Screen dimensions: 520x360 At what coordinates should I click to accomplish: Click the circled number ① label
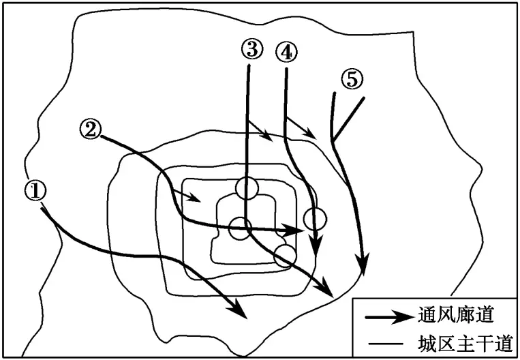(x=36, y=190)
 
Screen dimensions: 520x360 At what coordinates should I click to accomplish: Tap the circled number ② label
(x=90, y=127)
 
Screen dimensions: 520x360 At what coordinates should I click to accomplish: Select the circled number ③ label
(x=250, y=48)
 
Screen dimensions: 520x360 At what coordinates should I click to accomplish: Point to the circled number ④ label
(x=286, y=51)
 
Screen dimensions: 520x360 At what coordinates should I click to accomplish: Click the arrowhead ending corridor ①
(x=239, y=311)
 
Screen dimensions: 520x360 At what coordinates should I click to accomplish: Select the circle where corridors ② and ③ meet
(x=240, y=228)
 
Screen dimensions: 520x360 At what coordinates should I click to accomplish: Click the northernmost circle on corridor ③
(x=247, y=188)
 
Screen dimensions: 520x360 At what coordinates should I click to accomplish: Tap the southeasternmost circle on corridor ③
(x=285, y=256)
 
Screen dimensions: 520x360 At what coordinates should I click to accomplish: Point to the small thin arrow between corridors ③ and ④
(x=262, y=131)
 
